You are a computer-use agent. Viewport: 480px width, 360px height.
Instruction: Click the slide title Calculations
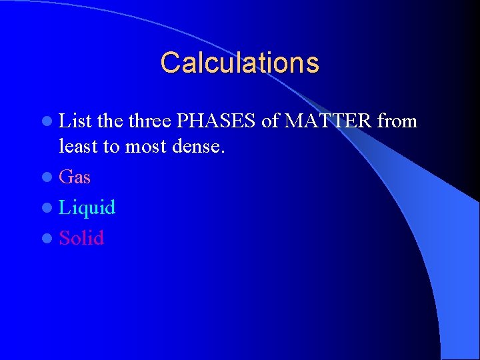[x=239, y=63]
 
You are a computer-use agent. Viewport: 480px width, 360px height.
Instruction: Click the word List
[x=75, y=121]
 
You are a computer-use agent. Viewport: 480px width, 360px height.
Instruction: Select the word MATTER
[x=328, y=121]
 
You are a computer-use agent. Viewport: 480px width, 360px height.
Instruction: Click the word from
[x=397, y=121]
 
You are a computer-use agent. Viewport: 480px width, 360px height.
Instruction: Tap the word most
[x=147, y=146]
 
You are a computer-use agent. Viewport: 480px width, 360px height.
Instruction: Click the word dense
[x=199, y=145]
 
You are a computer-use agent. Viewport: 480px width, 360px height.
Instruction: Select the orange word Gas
[x=75, y=177]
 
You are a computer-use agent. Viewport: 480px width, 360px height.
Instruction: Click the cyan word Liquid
[x=87, y=207]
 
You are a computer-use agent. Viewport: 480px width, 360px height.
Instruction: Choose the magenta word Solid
[x=81, y=237]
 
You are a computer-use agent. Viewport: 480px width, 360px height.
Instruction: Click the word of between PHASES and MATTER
[x=271, y=121]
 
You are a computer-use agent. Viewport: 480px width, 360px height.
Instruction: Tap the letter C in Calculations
[x=170, y=63]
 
